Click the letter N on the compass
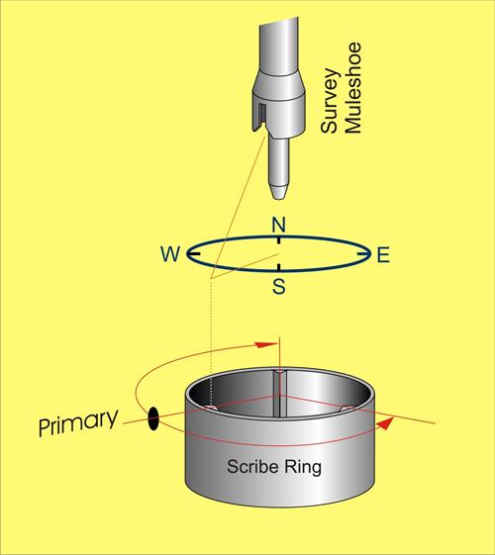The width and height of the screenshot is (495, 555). [278, 225]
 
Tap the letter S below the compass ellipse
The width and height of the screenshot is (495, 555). [279, 286]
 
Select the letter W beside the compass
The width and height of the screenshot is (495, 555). [170, 254]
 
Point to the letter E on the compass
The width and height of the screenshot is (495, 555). [383, 255]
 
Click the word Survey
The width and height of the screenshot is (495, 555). [330, 101]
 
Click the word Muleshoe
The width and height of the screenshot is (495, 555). [352, 88]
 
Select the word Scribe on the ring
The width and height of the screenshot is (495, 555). [252, 467]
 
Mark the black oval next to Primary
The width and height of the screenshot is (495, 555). [153, 418]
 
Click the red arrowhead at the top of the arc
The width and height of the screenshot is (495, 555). [265, 344]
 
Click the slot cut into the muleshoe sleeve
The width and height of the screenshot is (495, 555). [261, 116]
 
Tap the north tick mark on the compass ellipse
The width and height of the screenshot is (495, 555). [279, 240]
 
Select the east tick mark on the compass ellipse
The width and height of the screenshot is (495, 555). [362, 254]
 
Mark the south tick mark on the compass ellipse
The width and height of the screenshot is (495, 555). [279, 267]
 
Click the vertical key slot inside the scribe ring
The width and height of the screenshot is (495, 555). [280, 394]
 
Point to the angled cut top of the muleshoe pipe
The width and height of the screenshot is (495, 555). [279, 23]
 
